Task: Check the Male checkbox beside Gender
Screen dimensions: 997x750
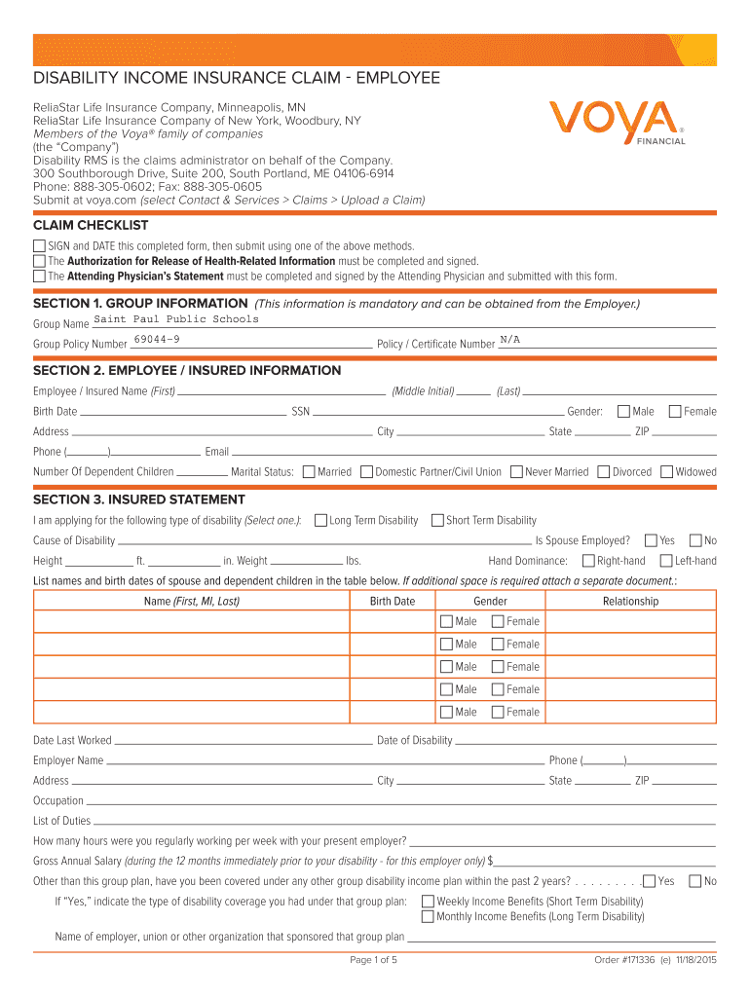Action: (624, 412)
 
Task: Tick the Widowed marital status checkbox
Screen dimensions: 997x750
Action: (667, 472)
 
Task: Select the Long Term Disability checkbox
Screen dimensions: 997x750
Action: (321, 521)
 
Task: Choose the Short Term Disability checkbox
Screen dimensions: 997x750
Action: (437, 521)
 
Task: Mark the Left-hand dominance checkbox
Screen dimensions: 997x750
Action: (667, 561)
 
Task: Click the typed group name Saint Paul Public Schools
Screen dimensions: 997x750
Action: (176, 319)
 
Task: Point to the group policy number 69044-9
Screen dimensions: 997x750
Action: (156, 339)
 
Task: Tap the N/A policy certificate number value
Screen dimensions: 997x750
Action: (509, 339)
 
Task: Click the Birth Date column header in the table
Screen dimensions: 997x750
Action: (393, 602)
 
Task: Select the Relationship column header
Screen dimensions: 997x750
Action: (630, 602)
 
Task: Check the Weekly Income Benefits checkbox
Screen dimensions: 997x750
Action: (428, 902)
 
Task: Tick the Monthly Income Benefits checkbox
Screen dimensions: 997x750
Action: (428, 916)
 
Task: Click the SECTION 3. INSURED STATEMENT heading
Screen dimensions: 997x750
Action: (126, 499)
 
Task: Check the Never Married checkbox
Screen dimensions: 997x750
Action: (516, 472)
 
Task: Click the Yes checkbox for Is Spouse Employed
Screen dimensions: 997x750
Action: (651, 540)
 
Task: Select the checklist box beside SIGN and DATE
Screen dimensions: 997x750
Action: (39, 246)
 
